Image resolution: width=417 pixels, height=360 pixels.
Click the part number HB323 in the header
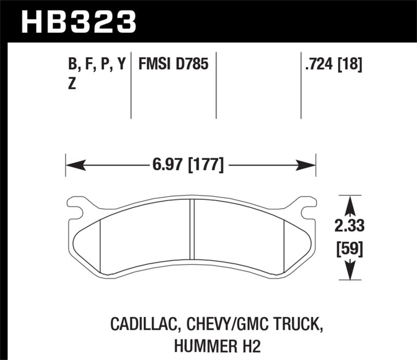click(78, 21)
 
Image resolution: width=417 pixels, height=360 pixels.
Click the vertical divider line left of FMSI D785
click(131, 86)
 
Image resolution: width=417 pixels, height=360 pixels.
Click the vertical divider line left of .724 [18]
click(301, 86)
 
